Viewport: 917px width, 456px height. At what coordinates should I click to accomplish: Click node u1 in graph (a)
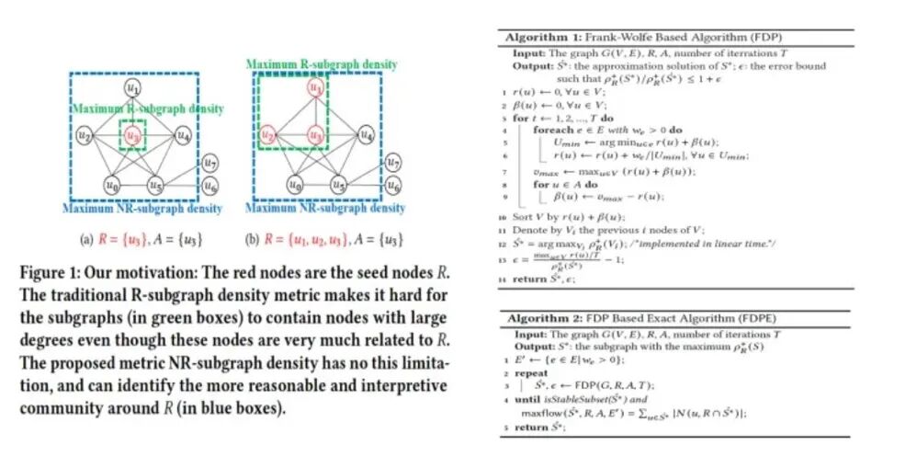[134, 89]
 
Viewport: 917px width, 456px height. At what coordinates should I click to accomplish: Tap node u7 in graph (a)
[210, 164]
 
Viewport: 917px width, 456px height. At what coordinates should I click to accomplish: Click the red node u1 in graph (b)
[315, 89]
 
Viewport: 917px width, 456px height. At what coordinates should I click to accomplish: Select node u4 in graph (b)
[366, 136]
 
